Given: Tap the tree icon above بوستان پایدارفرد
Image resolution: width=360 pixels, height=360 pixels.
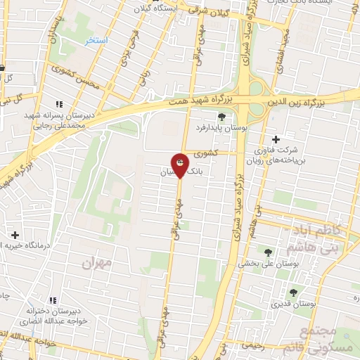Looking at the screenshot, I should (x=221, y=117).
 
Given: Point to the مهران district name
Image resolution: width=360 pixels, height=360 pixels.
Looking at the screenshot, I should (x=98, y=264).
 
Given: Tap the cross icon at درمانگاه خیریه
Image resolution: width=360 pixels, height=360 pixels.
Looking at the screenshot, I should (x=15, y=234).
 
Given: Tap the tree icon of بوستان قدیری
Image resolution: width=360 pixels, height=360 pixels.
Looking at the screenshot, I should (x=293, y=292).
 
